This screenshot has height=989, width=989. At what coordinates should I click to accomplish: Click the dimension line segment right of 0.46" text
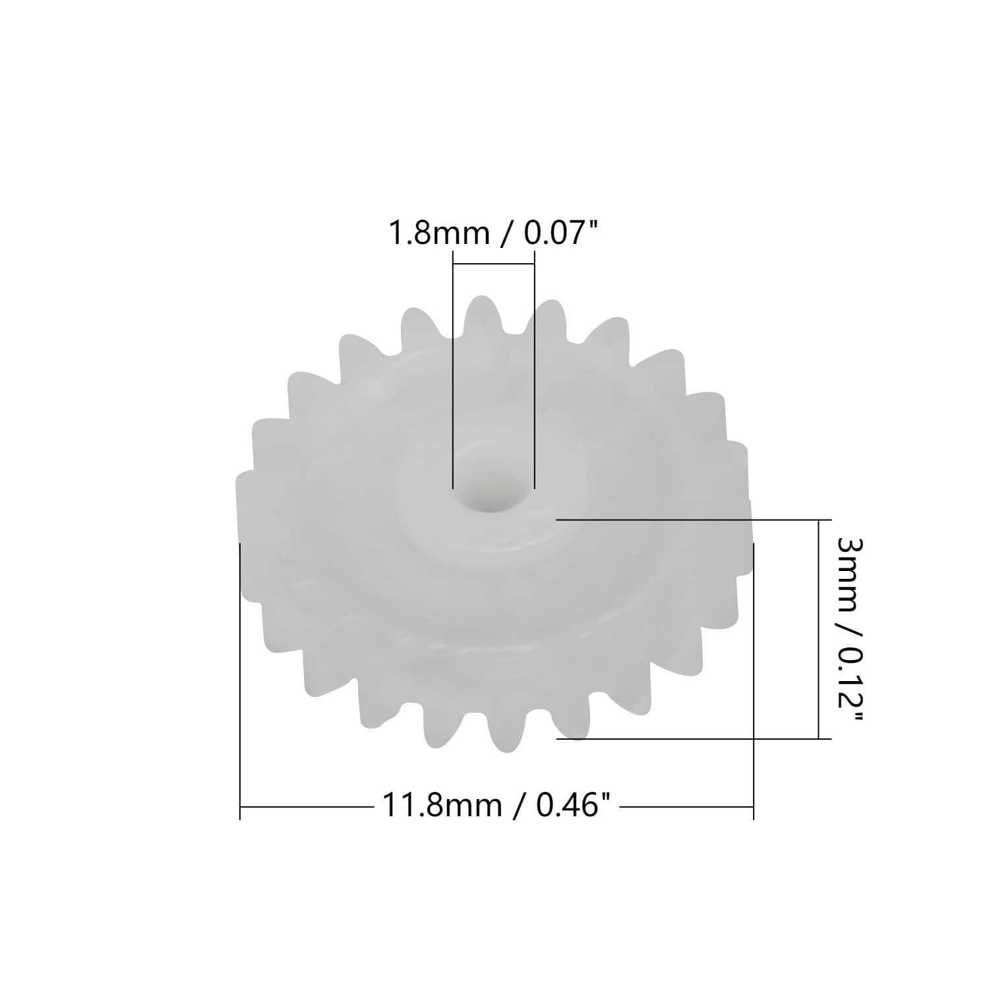click(686, 806)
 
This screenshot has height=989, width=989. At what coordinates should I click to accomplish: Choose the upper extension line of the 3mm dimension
click(692, 520)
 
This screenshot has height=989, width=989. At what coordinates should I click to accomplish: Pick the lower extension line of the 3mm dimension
click(692, 738)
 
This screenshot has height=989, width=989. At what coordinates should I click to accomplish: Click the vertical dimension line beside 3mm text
click(818, 626)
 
